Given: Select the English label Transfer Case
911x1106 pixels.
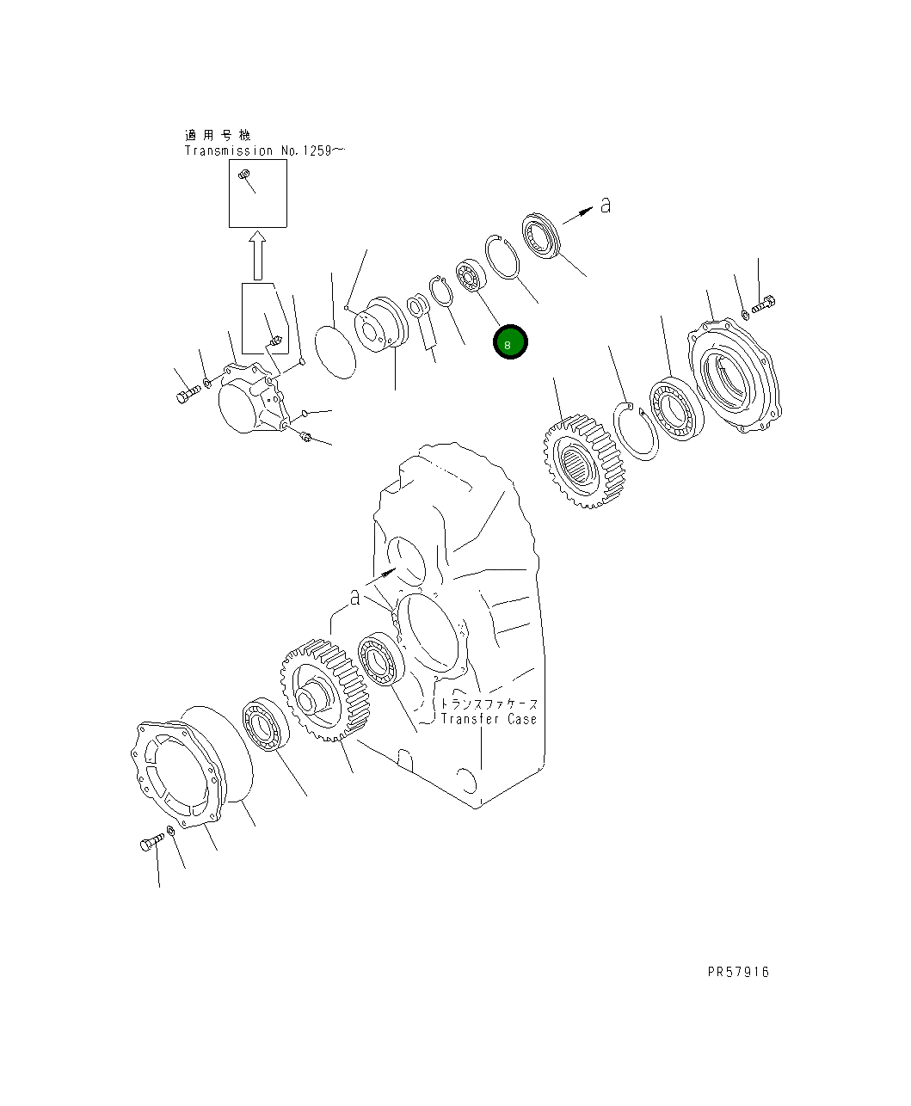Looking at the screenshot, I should pyautogui.click(x=489, y=719).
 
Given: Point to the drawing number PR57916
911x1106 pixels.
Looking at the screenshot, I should pyautogui.click(x=738, y=972).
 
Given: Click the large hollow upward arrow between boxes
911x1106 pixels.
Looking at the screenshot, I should pyautogui.click(x=255, y=255).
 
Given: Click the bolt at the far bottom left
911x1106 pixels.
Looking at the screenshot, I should pyautogui.click(x=151, y=844).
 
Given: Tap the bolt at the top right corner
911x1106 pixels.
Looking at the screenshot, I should pyautogui.click(x=765, y=304).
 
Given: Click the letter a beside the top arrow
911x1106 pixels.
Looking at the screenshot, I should pyautogui.click(x=606, y=206).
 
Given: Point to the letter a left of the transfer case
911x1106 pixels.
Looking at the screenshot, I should pyautogui.click(x=354, y=598).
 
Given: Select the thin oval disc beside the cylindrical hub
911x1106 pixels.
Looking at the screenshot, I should pyautogui.click(x=334, y=349).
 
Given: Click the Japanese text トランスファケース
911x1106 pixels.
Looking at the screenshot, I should pyautogui.click(x=489, y=703).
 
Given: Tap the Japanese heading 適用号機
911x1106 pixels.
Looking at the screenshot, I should pyautogui.click(x=218, y=135).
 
